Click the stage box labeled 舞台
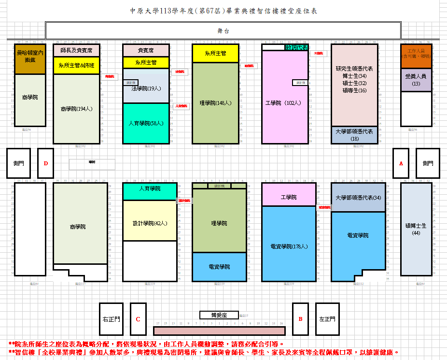click(223, 30)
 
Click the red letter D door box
click(45, 163)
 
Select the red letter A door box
click(401, 163)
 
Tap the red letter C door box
click(138, 319)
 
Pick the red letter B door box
click(300, 319)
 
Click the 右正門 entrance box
click(112, 319)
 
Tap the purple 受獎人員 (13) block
click(416, 80)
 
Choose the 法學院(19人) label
click(146, 89)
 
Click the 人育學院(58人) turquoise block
click(146, 123)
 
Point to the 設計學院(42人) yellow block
click(150, 223)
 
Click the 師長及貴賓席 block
click(76, 50)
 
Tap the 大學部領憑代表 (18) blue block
click(354, 135)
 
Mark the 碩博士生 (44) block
click(416, 229)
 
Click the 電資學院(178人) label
click(289, 246)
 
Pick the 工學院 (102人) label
click(285, 103)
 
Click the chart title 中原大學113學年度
click(223, 11)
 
